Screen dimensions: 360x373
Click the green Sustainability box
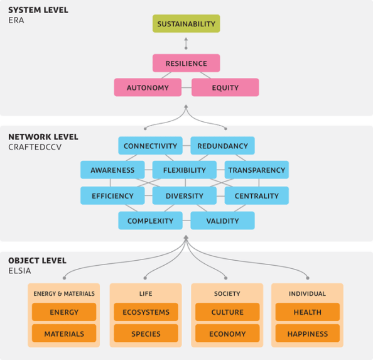click(x=186, y=24)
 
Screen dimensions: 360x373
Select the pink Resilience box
click(x=186, y=63)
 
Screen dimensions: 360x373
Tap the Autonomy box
click(x=148, y=87)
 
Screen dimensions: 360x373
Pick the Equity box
click(x=225, y=87)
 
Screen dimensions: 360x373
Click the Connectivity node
click(x=150, y=146)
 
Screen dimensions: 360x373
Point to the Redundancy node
click(x=222, y=146)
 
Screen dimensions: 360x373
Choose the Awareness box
click(x=112, y=170)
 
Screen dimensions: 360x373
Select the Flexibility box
click(x=185, y=170)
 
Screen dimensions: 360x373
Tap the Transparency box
click(x=256, y=170)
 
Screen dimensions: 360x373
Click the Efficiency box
click(x=112, y=195)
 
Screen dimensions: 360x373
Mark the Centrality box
click(x=256, y=195)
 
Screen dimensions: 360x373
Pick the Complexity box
click(x=150, y=221)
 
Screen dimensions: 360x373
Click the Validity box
click(x=222, y=221)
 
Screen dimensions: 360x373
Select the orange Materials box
click(x=64, y=334)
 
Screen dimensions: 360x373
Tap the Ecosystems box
click(x=146, y=312)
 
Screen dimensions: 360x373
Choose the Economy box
click(x=227, y=334)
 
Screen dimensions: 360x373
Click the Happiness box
click(x=307, y=334)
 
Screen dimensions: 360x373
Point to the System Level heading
click(x=38, y=10)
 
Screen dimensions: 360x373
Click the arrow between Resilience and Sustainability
click(x=186, y=43)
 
